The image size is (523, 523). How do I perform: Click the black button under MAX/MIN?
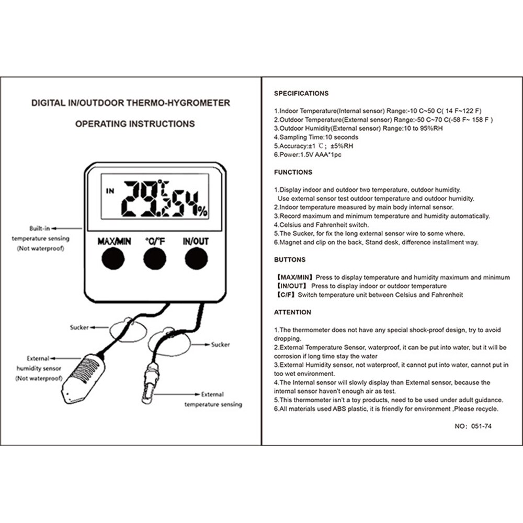pyautogui.click(x=113, y=258)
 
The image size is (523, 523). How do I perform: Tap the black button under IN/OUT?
pyautogui.click(x=195, y=258)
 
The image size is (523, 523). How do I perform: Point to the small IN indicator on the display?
pyautogui.click(x=109, y=191)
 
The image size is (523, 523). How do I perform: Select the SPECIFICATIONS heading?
pyautogui.click(x=301, y=94)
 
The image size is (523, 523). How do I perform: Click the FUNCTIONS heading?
pyautogui.click(x=293, y=172)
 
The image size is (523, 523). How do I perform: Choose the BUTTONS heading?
pyautogui.click(x=290, y=259)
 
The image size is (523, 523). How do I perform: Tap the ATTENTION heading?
pyautogui.click(x=292, y=312)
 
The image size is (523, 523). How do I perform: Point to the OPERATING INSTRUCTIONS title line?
pyautogui.click(x=135, y=124)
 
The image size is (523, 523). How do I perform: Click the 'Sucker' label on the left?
pyautogui.click(x=79, y=327)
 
